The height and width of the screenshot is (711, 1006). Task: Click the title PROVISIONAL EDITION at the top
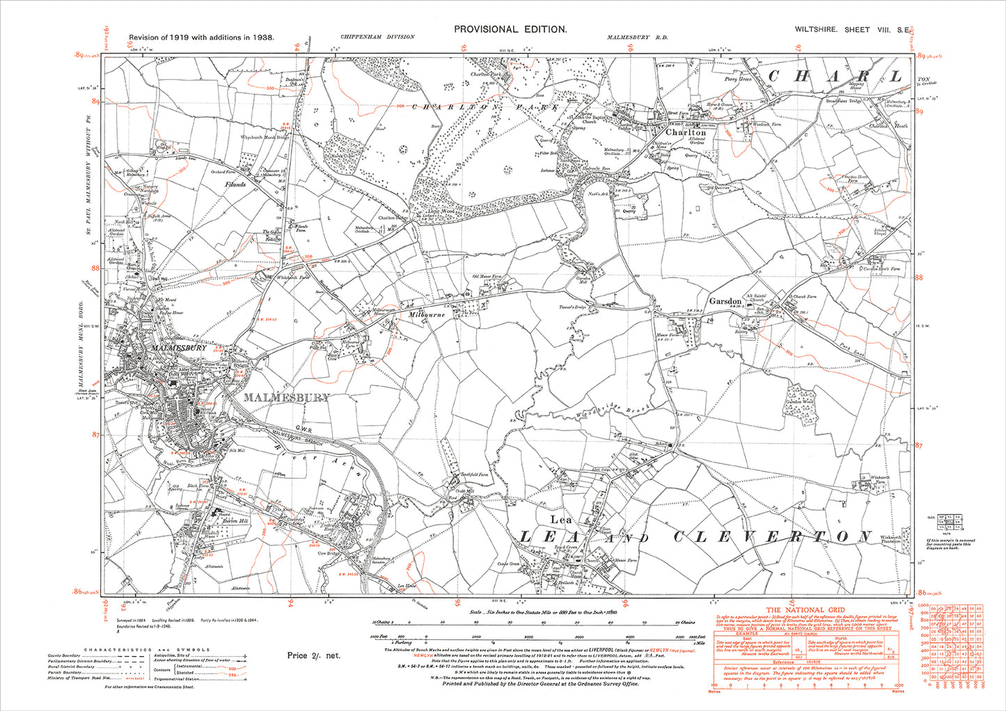510,29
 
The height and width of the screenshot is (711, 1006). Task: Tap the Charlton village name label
685,132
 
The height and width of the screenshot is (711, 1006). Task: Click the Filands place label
234,184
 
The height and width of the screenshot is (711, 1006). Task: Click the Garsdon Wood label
799,403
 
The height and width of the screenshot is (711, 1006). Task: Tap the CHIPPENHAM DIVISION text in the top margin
378,37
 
